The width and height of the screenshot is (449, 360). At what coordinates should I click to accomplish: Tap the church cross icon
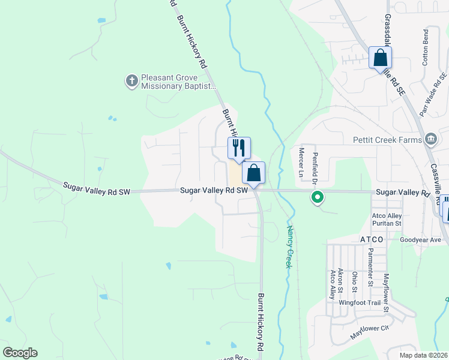(x=131, y=80)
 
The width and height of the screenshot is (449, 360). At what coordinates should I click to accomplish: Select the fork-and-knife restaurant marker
(x=239, y=148)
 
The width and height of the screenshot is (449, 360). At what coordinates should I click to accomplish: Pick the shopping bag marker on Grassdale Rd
(x=380, y=58)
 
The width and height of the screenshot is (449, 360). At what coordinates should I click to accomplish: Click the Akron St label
(x=340, y=280)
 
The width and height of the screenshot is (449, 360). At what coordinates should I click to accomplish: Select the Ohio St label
(x=355, y=282)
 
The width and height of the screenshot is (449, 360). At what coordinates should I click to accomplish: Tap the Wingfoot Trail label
(x=359, y=303)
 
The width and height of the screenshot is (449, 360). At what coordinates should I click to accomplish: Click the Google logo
(x=20, y=353)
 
